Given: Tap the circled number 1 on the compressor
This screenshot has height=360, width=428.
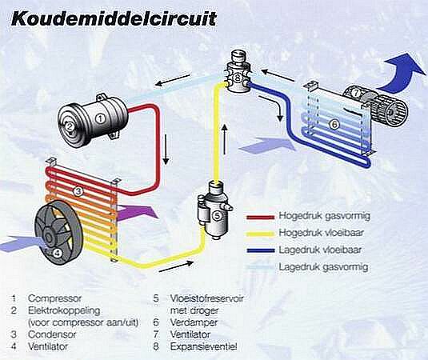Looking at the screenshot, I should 100,118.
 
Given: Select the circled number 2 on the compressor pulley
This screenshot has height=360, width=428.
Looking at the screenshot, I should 70,126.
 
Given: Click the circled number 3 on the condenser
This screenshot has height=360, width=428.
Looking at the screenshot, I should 78,191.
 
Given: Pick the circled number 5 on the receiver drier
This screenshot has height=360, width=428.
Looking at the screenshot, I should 217,215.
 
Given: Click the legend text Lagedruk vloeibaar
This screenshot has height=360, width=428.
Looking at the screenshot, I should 318,250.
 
